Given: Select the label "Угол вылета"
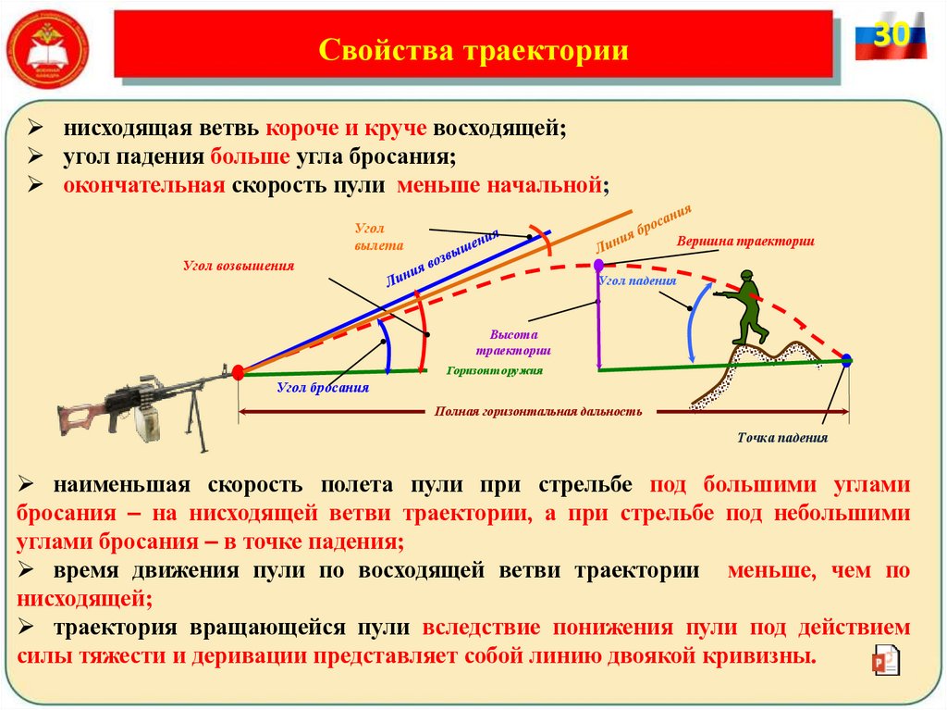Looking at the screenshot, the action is [378, 236].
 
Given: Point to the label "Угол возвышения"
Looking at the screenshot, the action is [238, 266].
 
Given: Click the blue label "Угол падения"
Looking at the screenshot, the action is [637, 279].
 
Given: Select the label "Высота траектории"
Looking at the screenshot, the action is [514, 343].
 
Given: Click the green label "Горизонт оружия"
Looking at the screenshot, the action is [494, 370].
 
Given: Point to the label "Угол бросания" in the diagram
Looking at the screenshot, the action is [323, 388].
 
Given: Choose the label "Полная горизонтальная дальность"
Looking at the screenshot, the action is [538, 410].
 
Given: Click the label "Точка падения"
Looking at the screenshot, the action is [782, 438].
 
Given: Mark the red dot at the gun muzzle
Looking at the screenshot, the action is [238, 372].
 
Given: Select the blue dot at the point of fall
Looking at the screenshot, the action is [846, 360].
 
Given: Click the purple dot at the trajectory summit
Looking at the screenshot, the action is [598, 266].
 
